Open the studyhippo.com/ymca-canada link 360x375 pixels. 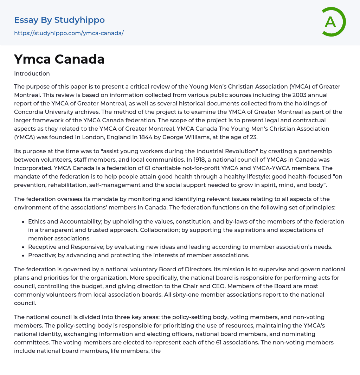click(69, 33)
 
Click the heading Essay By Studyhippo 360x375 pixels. click(59, 20)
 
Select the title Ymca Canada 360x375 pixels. click(59, 59)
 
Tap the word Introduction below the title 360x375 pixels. click(32, 73)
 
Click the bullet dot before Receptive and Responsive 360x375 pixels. click(23, 247)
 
